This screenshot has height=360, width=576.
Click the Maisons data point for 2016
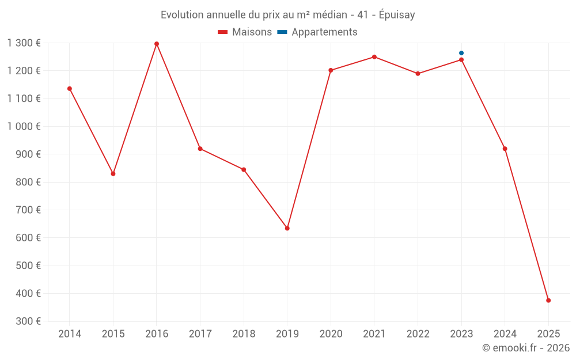(x=157, y=44)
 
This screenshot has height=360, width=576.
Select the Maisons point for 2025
(x=548, y=300)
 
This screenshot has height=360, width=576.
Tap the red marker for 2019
(x=287, y=228)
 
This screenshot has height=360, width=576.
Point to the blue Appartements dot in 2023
(x=461, y=53)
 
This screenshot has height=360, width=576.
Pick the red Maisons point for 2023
(x=461, y=60)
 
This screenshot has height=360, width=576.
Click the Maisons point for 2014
(x=70, y=89)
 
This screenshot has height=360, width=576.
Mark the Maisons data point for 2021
(x=374, y=57)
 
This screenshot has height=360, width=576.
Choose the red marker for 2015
(x=113, y=173)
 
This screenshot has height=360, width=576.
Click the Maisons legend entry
(x=245, y=32)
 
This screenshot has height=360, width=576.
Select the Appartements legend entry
(x=317, y=32)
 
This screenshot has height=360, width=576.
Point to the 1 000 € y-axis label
(x=24, y=126)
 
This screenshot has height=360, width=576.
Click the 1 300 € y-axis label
(x=24, y=43)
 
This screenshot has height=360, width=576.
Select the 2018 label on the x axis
(x=244, y=334)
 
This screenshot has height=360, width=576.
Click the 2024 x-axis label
(x=505, y=334)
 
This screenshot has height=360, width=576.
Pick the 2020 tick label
(x=331, y=334)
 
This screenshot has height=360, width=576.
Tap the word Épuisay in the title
(x=397, y=15)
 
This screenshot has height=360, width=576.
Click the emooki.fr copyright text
(x=526, y=348)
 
